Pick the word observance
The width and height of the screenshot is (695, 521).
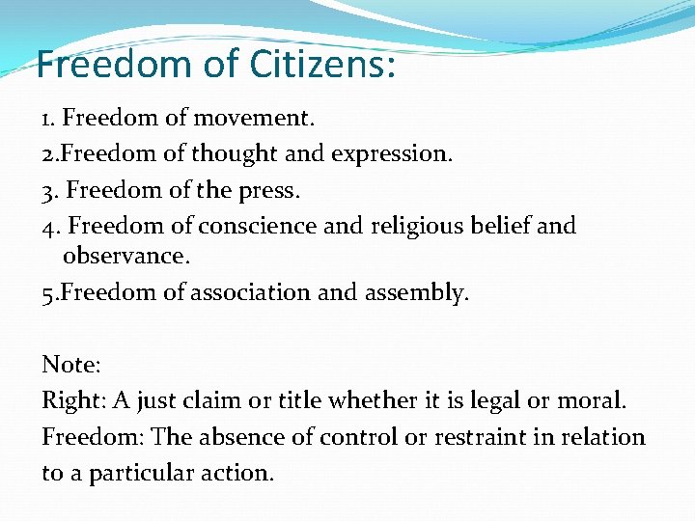(125, 257)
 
